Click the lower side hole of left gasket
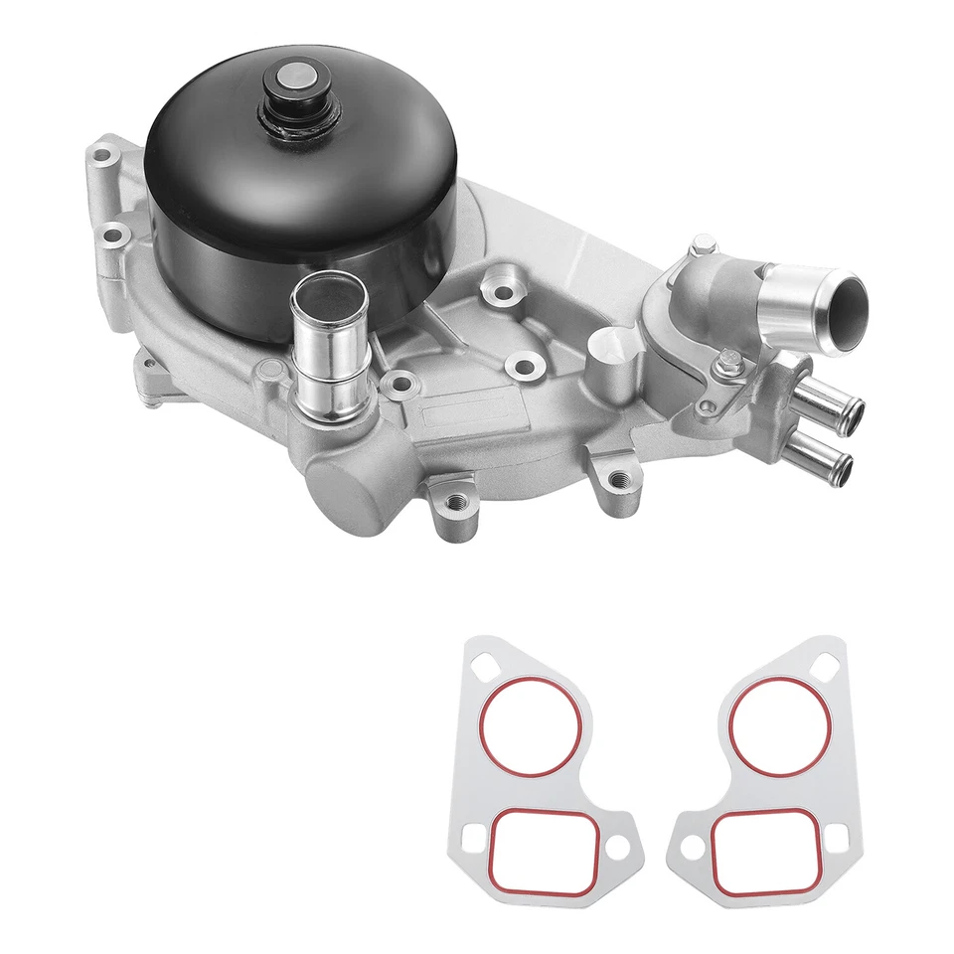613,847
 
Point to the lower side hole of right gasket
684,847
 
